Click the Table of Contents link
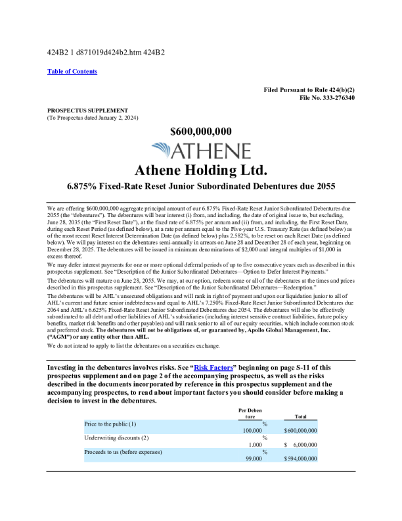(x=72, y=71)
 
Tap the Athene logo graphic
(x=200, y=150)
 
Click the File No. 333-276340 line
(x=327, y=97)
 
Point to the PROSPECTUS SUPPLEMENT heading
(x=87, y=110)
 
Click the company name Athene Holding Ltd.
(x=200, y=170)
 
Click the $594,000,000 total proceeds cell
(x=301, y=459)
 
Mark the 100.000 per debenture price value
(x=252, y=430)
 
